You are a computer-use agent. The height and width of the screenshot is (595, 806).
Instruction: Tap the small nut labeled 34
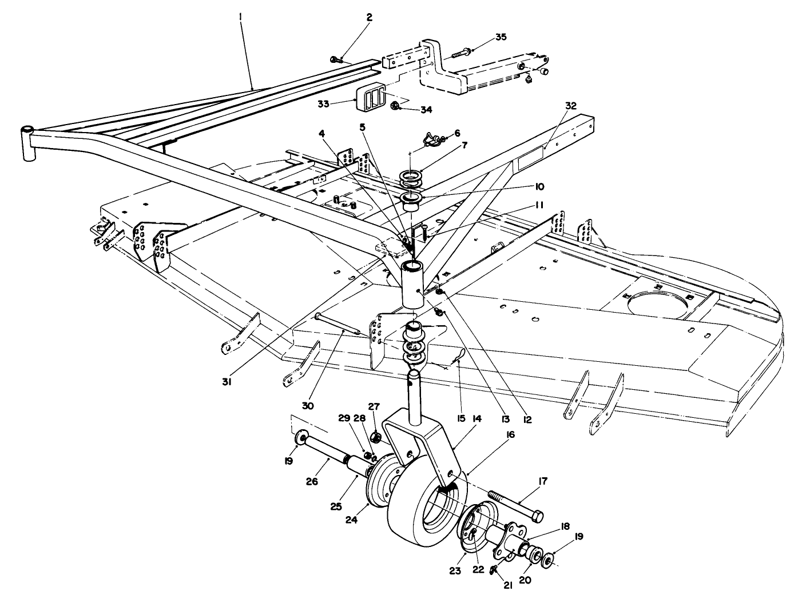tap(394, 106)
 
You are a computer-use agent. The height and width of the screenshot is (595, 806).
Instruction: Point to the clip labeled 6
tap(433, 137)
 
